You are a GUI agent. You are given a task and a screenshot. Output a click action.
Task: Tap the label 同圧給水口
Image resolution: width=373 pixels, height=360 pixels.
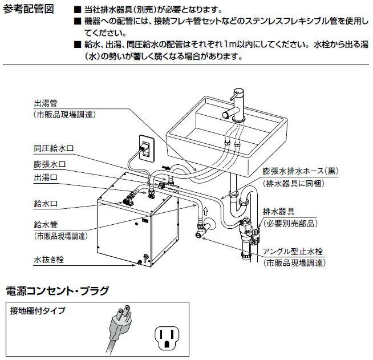pyautogui.click(x=54, y=148)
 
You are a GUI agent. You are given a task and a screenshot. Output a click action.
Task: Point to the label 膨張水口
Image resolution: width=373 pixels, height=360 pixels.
pyautogui.click(x=50, y=164)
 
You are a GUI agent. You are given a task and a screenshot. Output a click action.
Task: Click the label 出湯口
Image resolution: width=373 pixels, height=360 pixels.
pyautogui.click(x=46, y=177)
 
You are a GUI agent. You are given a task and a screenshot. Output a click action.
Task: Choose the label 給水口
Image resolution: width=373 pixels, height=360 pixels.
pyautogui.click(x=46, y=202)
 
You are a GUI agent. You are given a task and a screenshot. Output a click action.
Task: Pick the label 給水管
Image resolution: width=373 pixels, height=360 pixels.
pyautogui.click(x=46, y=225)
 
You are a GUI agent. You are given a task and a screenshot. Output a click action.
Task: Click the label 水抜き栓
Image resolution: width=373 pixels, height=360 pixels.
pyautogui.click(x=49, y=259)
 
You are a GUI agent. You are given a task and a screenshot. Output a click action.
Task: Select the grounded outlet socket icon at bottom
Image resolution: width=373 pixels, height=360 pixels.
pyautogui.click(x=167, y=337)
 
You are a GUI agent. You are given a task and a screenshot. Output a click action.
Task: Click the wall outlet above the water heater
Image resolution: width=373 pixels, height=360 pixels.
pyautogui.click(x=145, y=148)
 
